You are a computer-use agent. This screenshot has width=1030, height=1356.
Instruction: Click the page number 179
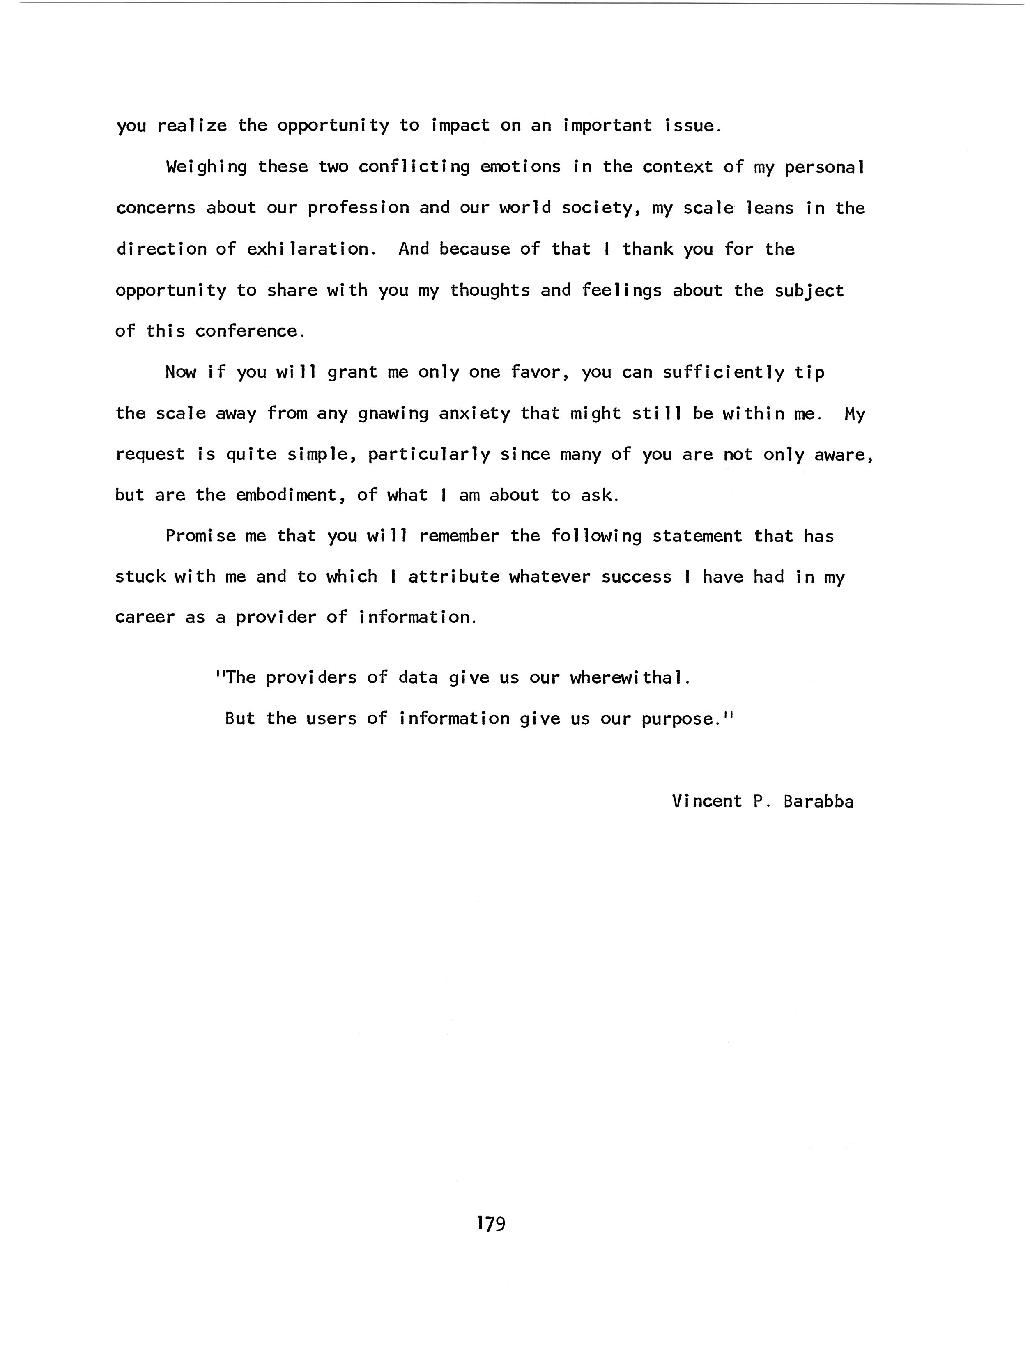[x=490, y=1223]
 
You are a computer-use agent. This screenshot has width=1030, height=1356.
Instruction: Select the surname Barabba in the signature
[x=818, y=802]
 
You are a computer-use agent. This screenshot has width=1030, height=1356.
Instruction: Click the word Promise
[x=200, y=537]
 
